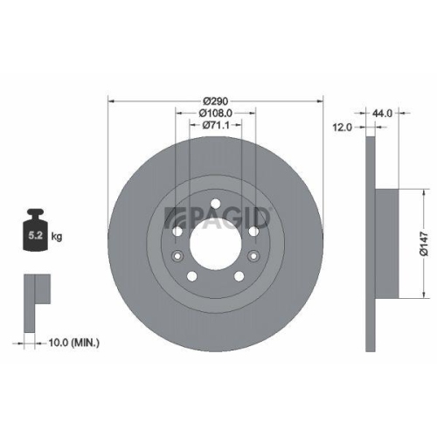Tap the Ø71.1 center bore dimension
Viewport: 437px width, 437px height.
215,126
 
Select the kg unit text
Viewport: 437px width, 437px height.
56,237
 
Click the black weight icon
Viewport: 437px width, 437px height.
35,229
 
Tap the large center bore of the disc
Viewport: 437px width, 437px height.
214,245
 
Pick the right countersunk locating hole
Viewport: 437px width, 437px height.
254,257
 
